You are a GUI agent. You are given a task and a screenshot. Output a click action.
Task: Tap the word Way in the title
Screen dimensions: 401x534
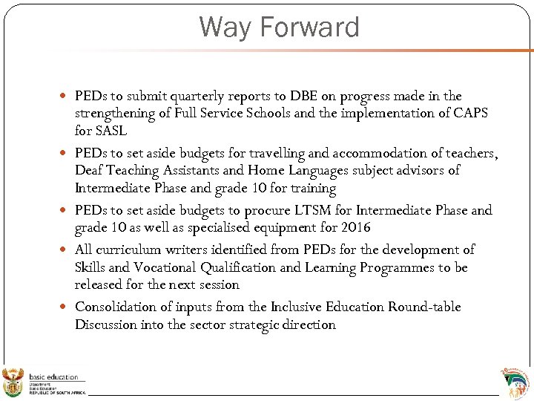click(x=221, y=27)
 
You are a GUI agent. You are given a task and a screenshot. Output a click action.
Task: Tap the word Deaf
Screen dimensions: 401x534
click(x=90, y=171)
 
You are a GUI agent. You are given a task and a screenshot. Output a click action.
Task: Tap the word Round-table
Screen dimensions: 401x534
click(x=424, y=307)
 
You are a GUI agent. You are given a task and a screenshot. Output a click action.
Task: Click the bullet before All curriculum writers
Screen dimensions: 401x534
click(x=65, y=250)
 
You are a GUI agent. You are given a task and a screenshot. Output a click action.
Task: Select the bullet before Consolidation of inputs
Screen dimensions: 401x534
click(x=65, y=307)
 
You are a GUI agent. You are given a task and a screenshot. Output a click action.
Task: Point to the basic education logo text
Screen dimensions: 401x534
click(x=53, y=377)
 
